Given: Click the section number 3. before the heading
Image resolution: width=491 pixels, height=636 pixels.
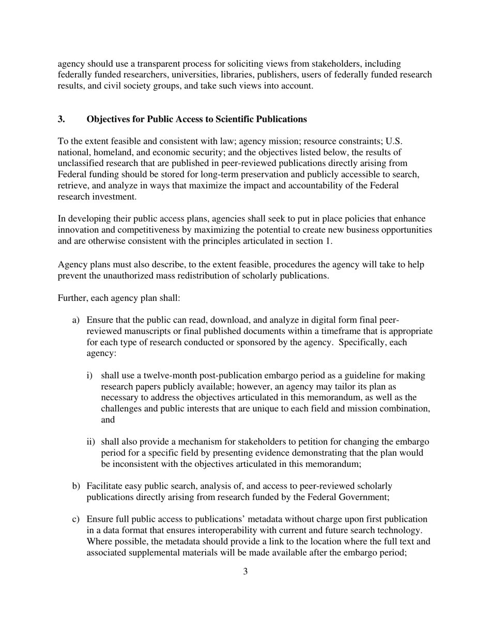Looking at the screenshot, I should (x=62, y=119).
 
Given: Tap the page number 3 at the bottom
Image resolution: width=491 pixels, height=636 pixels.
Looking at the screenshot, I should (x=245, y=571).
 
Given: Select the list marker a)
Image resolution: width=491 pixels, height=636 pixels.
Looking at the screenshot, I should (x=75, y=320).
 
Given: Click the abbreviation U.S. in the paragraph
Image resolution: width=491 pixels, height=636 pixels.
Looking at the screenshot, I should (x=394, y=141).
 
